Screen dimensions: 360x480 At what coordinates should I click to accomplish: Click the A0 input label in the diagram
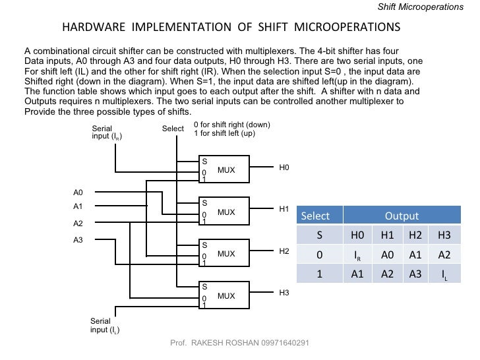[78, 193]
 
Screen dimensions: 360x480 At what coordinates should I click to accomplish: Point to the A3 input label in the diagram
[78, 240]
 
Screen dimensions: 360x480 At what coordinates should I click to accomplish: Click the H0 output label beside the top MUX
[284, 168]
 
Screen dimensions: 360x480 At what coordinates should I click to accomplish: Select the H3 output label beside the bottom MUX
[284, 292]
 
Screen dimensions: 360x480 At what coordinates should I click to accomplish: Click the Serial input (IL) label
[105, 325]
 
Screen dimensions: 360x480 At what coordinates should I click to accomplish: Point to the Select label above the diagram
[173, 129]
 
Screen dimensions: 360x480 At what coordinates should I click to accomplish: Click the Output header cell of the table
[402, 216]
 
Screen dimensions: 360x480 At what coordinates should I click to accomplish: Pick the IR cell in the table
[357, 255]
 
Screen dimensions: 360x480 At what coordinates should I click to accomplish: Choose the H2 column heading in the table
[415, 235]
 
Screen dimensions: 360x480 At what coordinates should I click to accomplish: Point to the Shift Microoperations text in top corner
[429, 7]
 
